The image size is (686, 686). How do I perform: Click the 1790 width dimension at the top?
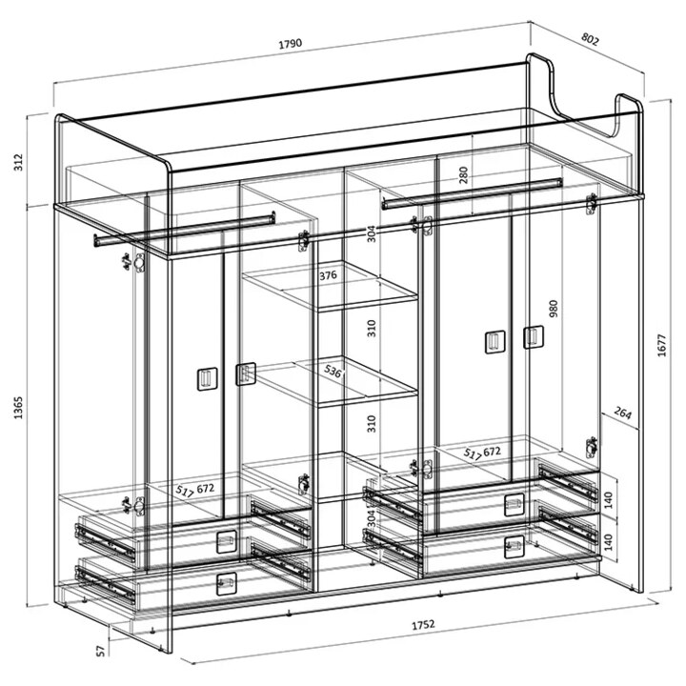point(291,43)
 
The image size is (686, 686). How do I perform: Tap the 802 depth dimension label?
point(590,39)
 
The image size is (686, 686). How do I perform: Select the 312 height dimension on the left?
point(18,162)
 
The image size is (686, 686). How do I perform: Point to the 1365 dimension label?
point(18,408)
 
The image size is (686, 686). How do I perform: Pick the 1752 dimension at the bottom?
point(423,624)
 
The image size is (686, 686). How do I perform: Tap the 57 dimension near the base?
point(101,651)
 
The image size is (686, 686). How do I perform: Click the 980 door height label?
point(554,309)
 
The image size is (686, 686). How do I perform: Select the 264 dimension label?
point(622,413)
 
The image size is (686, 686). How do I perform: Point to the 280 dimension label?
point(463,174)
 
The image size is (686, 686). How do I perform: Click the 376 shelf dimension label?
point(328,275)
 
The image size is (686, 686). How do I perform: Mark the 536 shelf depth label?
point(333,372)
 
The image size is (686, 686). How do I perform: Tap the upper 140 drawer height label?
point(608,500)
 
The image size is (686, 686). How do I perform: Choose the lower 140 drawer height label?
point(608,542)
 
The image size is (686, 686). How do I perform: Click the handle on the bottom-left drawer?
point(227,584)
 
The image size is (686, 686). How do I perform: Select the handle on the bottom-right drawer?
point(514,547)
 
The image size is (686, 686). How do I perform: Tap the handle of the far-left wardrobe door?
point(208,379)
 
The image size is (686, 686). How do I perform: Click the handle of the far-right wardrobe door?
point(534,337)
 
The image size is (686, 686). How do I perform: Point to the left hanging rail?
point(185,229)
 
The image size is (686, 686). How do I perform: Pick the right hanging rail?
point(472,193)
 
